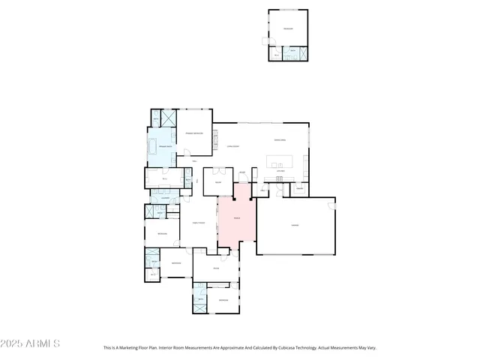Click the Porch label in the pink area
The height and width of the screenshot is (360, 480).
point(236,220)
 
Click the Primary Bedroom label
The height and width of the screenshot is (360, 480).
point(195,133)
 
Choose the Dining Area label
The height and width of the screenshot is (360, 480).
point(281,140)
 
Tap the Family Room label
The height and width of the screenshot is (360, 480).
point(198,221)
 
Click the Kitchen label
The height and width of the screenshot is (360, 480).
point(280,172)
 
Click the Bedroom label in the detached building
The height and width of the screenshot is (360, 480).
point(287,29)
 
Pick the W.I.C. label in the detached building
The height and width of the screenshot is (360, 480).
point(276,55)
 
